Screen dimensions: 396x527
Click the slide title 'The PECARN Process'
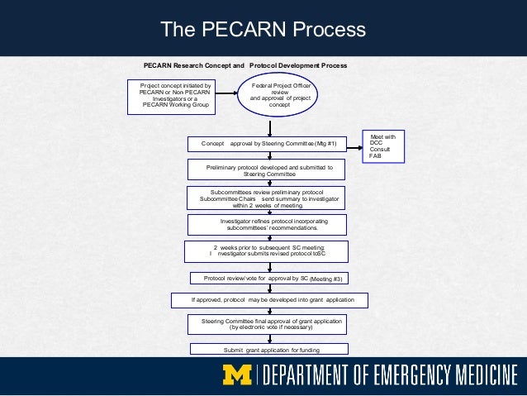(x=263, y=30)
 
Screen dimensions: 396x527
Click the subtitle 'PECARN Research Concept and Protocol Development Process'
(x=245, y=65)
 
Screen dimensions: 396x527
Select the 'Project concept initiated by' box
(x=175, y=96)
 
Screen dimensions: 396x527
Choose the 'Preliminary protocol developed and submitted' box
(x=268, y=170)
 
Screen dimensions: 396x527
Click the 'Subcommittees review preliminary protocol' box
(x=268, y=198)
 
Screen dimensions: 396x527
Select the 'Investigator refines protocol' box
(x=268, y=225)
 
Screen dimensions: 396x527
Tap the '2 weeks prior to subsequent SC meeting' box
(x=268, y=251)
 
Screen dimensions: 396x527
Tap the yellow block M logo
(x=240, y=377)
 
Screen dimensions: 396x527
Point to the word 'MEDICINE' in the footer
(x=485, y=377)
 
